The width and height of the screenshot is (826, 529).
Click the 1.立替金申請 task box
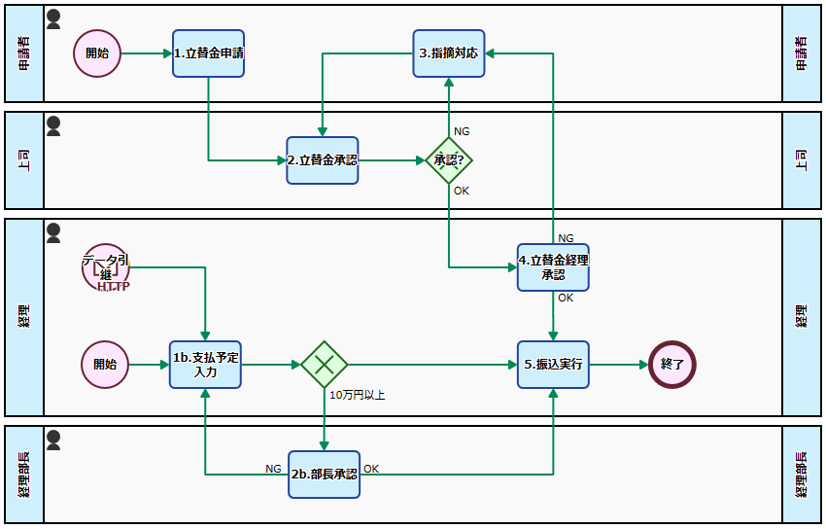click(x=208, y=53)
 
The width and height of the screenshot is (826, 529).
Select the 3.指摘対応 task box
click(x=449, y=53)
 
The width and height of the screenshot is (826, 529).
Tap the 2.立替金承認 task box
click(x=322, y=160)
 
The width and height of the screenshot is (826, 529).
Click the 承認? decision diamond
click(x=449, y=160)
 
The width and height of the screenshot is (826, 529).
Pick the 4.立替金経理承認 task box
click(x=553, y=267)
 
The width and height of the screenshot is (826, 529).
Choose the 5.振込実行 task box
click(x=553, y=365)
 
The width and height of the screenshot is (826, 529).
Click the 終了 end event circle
click(x=672, y=365)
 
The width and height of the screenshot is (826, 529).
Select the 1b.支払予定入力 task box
click(x=205, y=365)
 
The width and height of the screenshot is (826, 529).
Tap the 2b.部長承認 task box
click(x=325, y=475)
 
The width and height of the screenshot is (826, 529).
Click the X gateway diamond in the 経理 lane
click(x=325, y=365)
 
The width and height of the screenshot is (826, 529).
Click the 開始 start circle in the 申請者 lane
click(x=97, y=53)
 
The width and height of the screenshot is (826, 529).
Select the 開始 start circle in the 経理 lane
click(x=105, y=365)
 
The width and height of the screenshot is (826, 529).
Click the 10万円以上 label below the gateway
click(x=358, y=396)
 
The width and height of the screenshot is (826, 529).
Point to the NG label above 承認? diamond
click(x=463, y=131)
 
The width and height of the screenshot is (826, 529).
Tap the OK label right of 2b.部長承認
click(x=371, y=469)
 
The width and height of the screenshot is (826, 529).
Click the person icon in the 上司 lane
click(x=54, y=125)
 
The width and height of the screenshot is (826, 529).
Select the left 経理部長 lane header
click(x=24, y=475)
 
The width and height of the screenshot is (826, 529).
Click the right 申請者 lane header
click(x=802, y=53)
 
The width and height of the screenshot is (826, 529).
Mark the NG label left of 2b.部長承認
click(x=274, y=469)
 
